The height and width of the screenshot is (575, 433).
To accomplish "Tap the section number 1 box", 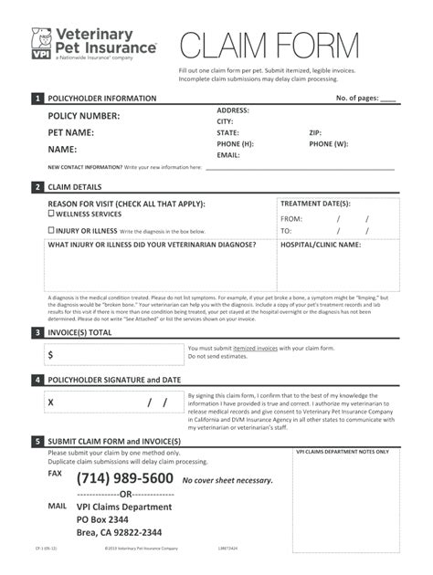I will tap(37, 98).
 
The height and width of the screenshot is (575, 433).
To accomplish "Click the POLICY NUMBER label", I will tap(84, 116).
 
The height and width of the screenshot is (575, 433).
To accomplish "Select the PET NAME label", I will tap(71, 132).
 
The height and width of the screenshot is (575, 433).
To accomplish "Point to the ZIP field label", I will tap(315, 132).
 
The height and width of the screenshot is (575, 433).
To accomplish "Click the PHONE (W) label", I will tap(328, 144).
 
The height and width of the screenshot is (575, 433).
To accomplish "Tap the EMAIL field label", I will tap(228, 155).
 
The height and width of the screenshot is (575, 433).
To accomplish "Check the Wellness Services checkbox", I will tap(51, 214).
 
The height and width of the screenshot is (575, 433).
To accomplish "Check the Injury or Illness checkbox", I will tap(51, 230).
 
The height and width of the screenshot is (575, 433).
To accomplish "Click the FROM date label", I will tap(291, 219).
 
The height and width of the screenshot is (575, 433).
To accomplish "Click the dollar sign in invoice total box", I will tap(50, 354).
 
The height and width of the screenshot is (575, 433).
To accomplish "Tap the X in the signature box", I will tap(51, 402).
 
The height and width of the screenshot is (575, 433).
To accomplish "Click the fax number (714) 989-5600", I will tap(124, 478).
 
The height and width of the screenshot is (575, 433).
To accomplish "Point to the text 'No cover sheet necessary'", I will tap(227, 480).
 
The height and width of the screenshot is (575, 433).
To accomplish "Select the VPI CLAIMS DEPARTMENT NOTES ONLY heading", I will tap(343, 452).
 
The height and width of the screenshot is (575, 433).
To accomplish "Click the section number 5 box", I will tap(37, 441).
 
